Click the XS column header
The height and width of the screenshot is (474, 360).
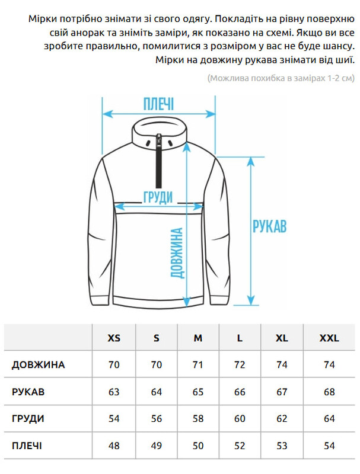point(114,338)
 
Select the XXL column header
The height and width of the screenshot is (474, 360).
point(329,338)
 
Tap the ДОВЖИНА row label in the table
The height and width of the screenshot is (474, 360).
point(38,365)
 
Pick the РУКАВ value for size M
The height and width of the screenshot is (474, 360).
point(198,392)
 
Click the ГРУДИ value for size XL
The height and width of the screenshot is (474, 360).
point(282,419)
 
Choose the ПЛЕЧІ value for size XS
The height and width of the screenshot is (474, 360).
point(114,446)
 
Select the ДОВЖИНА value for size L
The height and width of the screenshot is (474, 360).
point(240,365)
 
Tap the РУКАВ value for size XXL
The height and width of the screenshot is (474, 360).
point(329,392)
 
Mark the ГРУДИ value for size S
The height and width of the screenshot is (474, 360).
point(156,419)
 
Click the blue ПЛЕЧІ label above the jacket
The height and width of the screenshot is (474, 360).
point(158,105)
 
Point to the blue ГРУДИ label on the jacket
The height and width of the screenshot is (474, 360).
point(158,197)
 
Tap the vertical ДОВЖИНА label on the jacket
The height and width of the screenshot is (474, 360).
point(177,253)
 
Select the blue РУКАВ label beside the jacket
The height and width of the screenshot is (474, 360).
point(270,226)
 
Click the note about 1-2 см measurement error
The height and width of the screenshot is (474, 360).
point(281,78)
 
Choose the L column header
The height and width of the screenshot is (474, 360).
point(240,338)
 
